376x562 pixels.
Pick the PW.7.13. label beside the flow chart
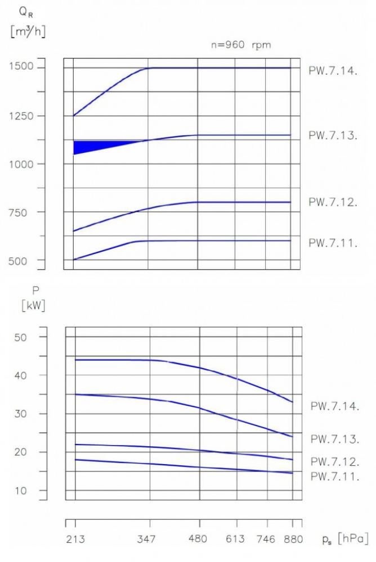pos(333,135)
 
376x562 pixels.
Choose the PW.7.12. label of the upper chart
pos(333,202)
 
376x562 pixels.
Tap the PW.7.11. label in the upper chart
pos(333,243)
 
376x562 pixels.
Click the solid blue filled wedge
pos(84,147)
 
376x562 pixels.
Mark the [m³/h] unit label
pos(28,31)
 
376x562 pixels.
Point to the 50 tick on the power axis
pos(29,337)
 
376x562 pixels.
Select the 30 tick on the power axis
pos(29,414)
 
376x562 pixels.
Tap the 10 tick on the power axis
pos(29,491)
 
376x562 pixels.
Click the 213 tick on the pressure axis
pos(75,540)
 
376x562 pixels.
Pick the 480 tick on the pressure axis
pos(199,540)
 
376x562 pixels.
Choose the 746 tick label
pos(266,540)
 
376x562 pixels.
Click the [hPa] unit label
pos(353,540)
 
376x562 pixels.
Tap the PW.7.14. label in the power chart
pos(334,406)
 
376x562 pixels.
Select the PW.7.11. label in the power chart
pos(334,477)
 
